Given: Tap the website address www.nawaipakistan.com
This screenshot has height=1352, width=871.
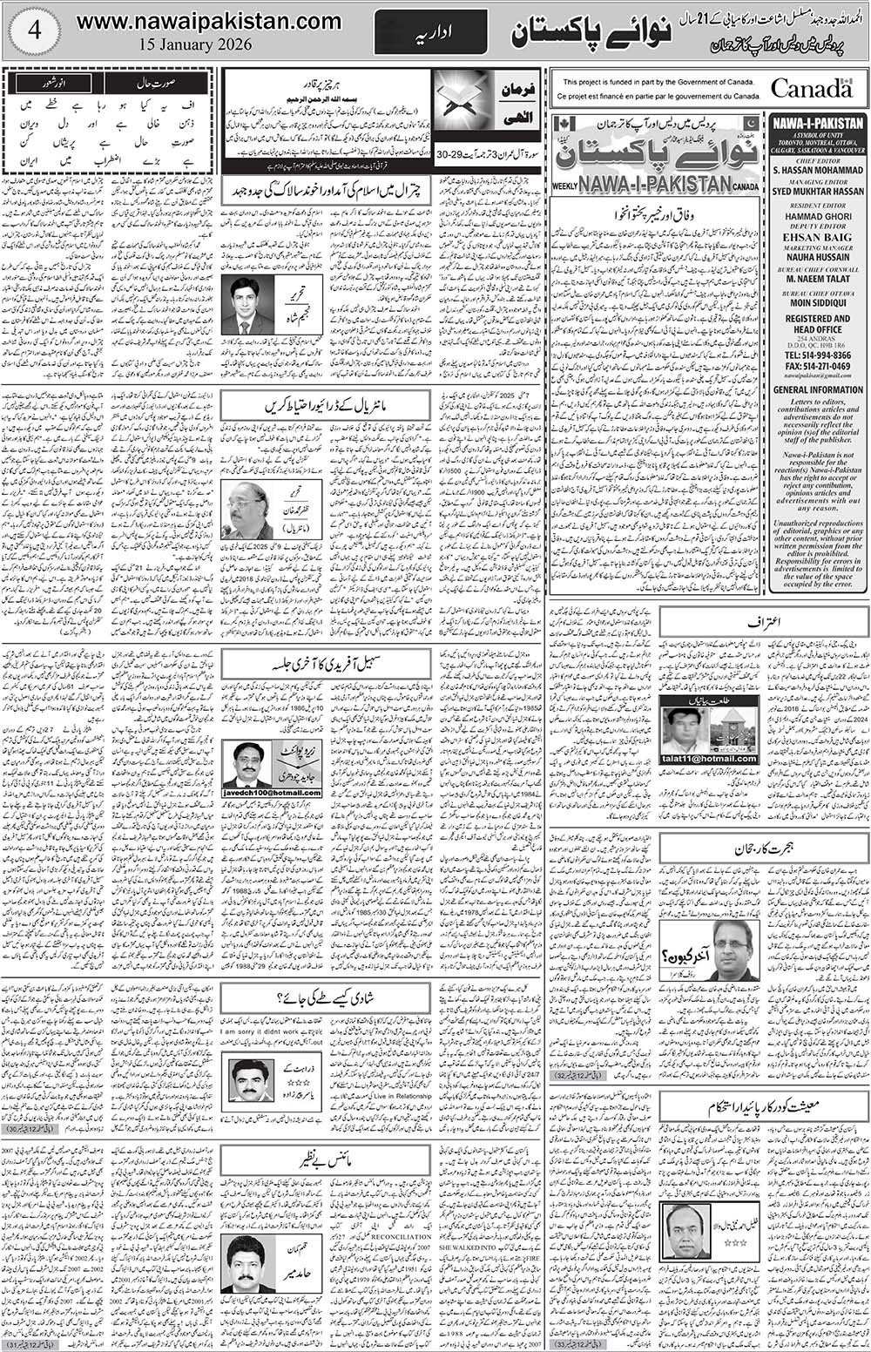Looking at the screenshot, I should [x=209, y=20].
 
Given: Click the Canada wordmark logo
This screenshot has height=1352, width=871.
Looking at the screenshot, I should [x=811, y=89].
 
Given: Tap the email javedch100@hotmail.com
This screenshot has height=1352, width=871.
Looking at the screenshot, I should [x=272, y=792].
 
